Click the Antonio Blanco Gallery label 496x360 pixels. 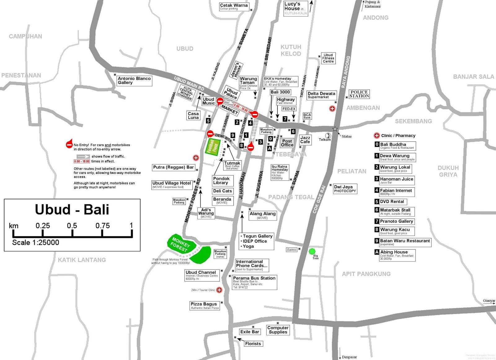(x=134, y=81)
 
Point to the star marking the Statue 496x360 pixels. (x=335, y=129)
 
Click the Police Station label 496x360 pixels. (x=359, y=94)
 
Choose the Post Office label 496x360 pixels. (x=287, y=143)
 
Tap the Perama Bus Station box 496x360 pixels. (x=254, y=282)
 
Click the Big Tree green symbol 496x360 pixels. (x=312, y=251)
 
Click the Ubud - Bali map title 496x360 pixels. (x=72, y=210)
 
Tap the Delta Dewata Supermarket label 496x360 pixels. (x=321, y=95)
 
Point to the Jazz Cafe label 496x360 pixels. (x=305, y=140)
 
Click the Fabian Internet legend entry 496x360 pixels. (x=396, y=192)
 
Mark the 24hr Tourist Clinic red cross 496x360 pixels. (x=219, y=290)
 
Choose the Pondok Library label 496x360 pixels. (x=221, y=180)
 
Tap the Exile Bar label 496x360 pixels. (x=250, y=332)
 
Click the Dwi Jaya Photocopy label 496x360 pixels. (x=345, y=189)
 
